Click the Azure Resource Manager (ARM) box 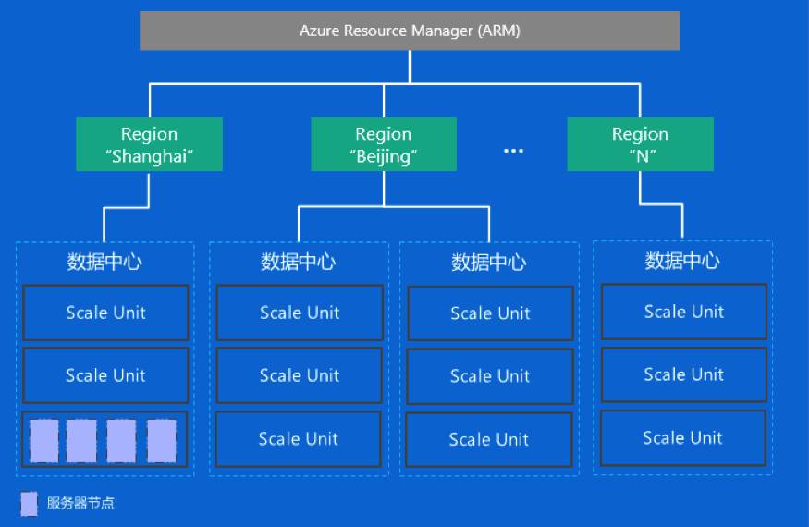(x=410, y=31)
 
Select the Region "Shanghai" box (x=149, y=144)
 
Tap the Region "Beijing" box (x=384, y=144)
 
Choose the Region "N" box (x=641, y=144)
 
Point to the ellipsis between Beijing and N (x=513, y=151)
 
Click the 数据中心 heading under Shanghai (x=104, y=262)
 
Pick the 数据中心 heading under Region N (x=682, y=261)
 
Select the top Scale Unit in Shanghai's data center (x=105, y=313)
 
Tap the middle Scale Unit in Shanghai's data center (x=105, y=375)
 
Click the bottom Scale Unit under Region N (x=683, y=437)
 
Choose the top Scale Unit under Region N (x=684, y=312)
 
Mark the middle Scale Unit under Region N (x=684, y=374)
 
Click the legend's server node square (x=29, y=504)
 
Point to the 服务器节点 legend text (x=80, y=503)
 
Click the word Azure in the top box (x=319, y=31)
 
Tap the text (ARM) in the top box (x=499, y=31)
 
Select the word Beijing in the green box (x=384, y=156)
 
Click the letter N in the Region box (x=643, y=156)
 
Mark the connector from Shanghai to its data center (x=127, y=207)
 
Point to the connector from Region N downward (x=661, y=204)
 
